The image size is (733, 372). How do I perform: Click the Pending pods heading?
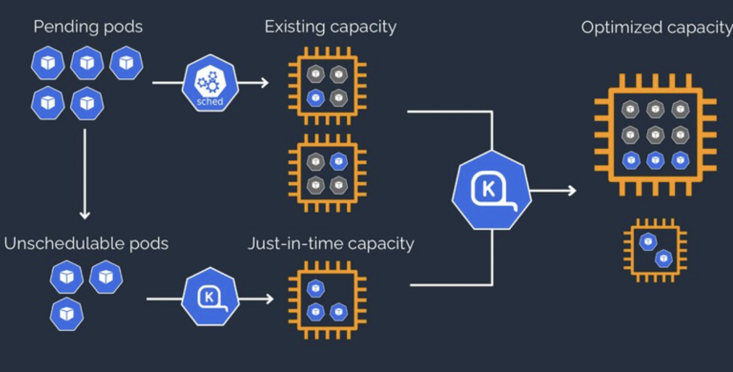pyautogui.click(x=88, y=27)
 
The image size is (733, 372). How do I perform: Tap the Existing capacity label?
pyautogui.click(x=330, y=27)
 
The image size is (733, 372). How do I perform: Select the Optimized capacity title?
pyautogui.click(x=656, y=28)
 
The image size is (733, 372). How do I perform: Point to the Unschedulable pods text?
pyautogui.click(x=86, y=244)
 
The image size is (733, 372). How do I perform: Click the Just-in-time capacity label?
pyautogui.click(x=331, y=244)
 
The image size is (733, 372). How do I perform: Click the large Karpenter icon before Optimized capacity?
pyautogui.click(x=491, y=190)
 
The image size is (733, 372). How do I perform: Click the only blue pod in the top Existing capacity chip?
pyautogui.click(x=315, y=97)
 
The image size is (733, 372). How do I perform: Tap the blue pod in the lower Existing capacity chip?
pyautogui.click(x=339, y=162)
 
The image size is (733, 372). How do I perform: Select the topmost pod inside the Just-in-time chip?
pyautogui.click(x=315, y=288)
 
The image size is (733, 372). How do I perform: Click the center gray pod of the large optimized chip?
pyautogui.click(x=655, y=134)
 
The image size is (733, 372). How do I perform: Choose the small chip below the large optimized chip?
pyautogui.click(x=655, y=249)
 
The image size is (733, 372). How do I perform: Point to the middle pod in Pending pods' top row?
pyautogui.click(x=87, y=63)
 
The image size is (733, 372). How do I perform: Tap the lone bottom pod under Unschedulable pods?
pyautogui.click(x=67, y=314)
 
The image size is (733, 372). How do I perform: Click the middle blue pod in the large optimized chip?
pyautogui.click(x=655, y=160)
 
